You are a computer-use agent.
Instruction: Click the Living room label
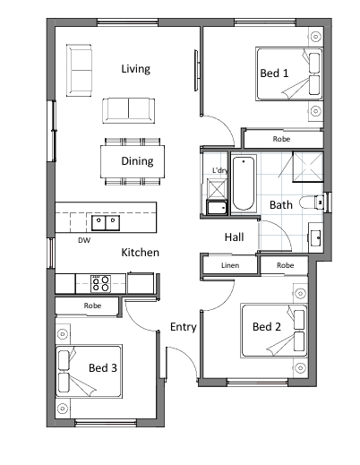pyautogui.click(x=135, y=69)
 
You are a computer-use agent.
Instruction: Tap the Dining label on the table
pyautogui.click(x=137, y=161)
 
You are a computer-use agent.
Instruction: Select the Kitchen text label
pyautogui.click(x=140, y=253)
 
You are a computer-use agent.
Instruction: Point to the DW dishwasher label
pyautogui.click(x=84, y=240)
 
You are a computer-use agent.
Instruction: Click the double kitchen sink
pyautogui.click(x=106, y=223)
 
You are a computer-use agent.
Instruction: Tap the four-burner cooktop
pyautogui.click(x=100, y=284)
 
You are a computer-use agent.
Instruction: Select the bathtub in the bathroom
pyautogui.click(x=244, y=184)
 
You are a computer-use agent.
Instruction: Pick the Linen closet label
pyautogui.click(x=230, y=265)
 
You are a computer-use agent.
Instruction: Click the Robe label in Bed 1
pyautogui.click(x=281, y=139)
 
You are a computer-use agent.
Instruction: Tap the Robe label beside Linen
pyautogui.click(x=286, y=265)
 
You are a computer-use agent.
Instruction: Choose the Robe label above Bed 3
pyautogui.click(x=92, y=306)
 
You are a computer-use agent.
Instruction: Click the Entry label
pyautogui.click(x=184, y=327)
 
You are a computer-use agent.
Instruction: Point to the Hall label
pyautogui.click(x=235, y=237)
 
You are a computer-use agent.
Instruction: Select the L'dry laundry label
pyautogui.click(x=220, y=170)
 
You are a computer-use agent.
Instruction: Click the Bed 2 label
pyautogui.click(x=267, y=327)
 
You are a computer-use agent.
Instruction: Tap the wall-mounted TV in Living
pyautogui.click(x=196, y=70)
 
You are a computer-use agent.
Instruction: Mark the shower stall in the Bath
pyautogui.click(x=308, y=167)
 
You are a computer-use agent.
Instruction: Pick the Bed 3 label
pyautogui.click(x=103, y=368)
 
